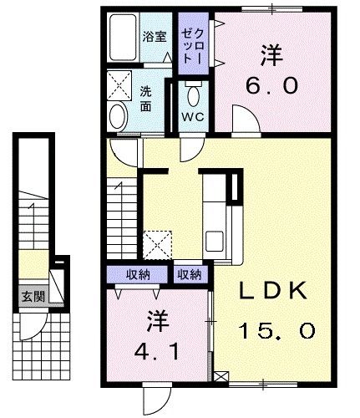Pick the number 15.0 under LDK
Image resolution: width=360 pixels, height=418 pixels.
[x=277, y=331]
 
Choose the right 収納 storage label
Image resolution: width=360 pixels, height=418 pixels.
[x=189, y=273]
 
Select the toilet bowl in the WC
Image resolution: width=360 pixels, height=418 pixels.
[x=194, y=93]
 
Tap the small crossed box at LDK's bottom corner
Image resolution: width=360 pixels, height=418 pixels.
[x=220, y=377]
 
